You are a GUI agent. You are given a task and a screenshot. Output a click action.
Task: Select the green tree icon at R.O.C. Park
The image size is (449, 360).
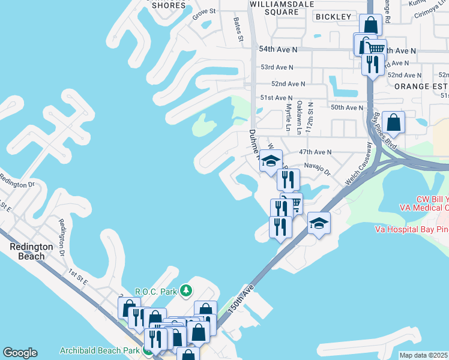point(186,291)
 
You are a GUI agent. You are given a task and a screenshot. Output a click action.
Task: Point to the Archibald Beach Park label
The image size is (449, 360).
point(100,350)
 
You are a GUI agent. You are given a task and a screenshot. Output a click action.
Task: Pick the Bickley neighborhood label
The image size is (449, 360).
point(333,17)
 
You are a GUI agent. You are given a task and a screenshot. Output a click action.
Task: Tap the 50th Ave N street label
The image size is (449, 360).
point(347,107)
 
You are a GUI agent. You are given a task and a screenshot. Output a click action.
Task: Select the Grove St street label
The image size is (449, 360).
point(204,12)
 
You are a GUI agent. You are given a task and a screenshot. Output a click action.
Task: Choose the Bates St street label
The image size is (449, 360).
point(238,29)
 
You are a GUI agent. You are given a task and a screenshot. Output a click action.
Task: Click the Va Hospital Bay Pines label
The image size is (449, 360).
point(411,229)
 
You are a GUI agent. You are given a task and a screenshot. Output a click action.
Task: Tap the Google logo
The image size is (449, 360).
point(20,353)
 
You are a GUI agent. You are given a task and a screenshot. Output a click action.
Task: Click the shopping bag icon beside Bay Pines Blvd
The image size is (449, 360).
point(394,122)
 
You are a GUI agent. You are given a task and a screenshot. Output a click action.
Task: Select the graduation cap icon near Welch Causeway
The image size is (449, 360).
point(319,224)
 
